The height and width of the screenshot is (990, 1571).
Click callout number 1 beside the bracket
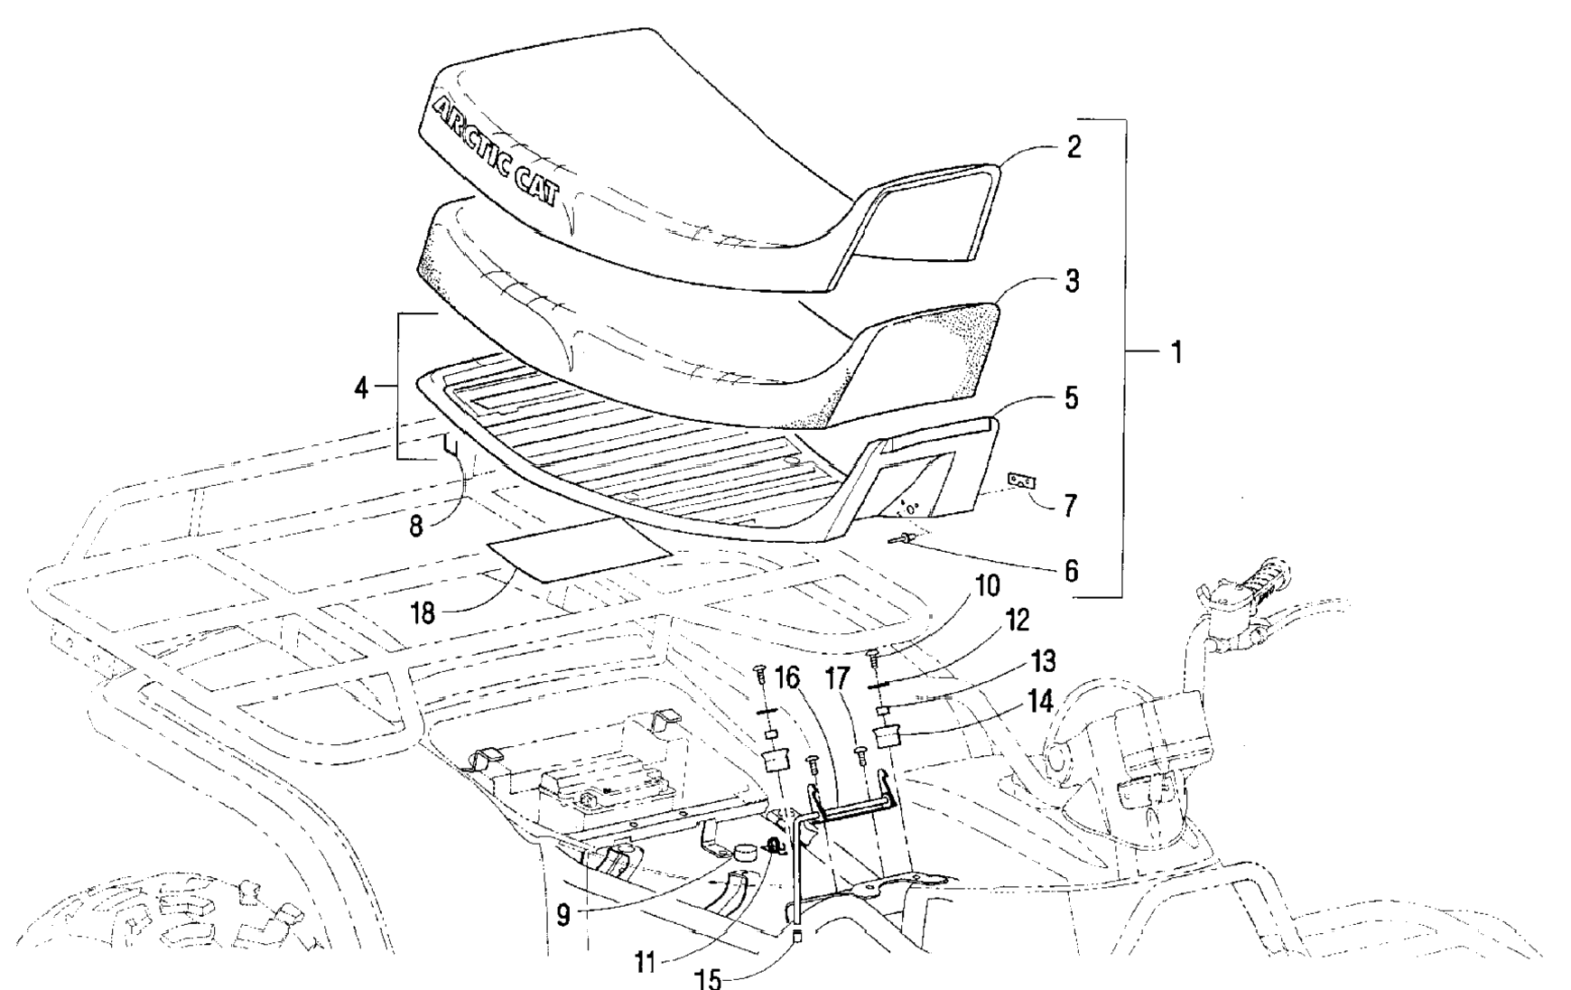point(1176,352)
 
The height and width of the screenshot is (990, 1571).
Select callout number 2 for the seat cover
point(1073,146)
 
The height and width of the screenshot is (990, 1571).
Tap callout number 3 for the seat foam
point(1072,281)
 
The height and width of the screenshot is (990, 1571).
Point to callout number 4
point(361,388)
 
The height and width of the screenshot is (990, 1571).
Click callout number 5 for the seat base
point(1072,397)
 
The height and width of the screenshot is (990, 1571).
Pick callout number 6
point(1071,571)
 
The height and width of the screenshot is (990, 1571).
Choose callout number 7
point(1070,506)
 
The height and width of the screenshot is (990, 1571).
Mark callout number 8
point(416,526)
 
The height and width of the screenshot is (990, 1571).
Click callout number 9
point(563,916)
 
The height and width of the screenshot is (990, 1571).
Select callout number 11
point(644,963)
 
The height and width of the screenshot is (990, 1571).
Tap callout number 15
point(711,979)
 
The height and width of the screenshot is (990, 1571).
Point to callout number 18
point(423,614)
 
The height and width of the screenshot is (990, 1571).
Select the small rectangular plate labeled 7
point(1021,481)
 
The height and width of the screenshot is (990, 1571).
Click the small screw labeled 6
point(905,539)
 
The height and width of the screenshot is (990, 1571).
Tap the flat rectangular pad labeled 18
point(578,548)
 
